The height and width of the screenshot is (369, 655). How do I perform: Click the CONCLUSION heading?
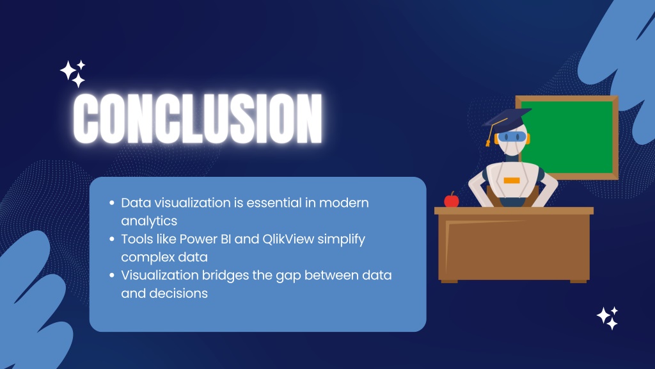tap(198, 119)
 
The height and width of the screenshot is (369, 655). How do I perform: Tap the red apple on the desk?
tap(451, 200)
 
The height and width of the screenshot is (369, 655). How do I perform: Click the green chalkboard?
tap(569, 137)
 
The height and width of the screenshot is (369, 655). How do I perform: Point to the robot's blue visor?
tap(512, 137)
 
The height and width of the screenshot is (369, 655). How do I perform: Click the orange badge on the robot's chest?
tap(512, 180)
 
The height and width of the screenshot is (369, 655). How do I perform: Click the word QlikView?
tap(288, 239)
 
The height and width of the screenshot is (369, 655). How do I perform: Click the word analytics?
tap(149, 221)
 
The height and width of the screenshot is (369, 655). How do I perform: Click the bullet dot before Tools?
tap(111, 240)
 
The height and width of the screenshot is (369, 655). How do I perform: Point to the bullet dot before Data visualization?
tap(111, 203)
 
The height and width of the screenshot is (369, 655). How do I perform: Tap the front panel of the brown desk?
tap(514, 247)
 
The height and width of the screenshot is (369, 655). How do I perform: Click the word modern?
tap(343, 202)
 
